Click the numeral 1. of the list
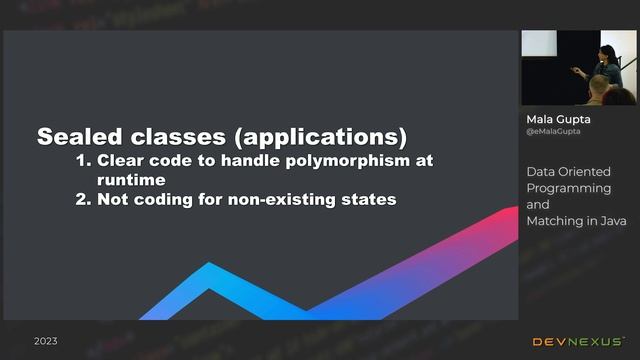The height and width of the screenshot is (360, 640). tap(85, 160)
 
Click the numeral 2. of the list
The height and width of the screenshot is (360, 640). tap(85, 199)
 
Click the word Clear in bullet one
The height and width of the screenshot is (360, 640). tap(122, 160)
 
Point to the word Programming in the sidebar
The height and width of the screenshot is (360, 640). tap(569, 187)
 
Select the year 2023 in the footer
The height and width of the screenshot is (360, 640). tap(46, 341)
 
